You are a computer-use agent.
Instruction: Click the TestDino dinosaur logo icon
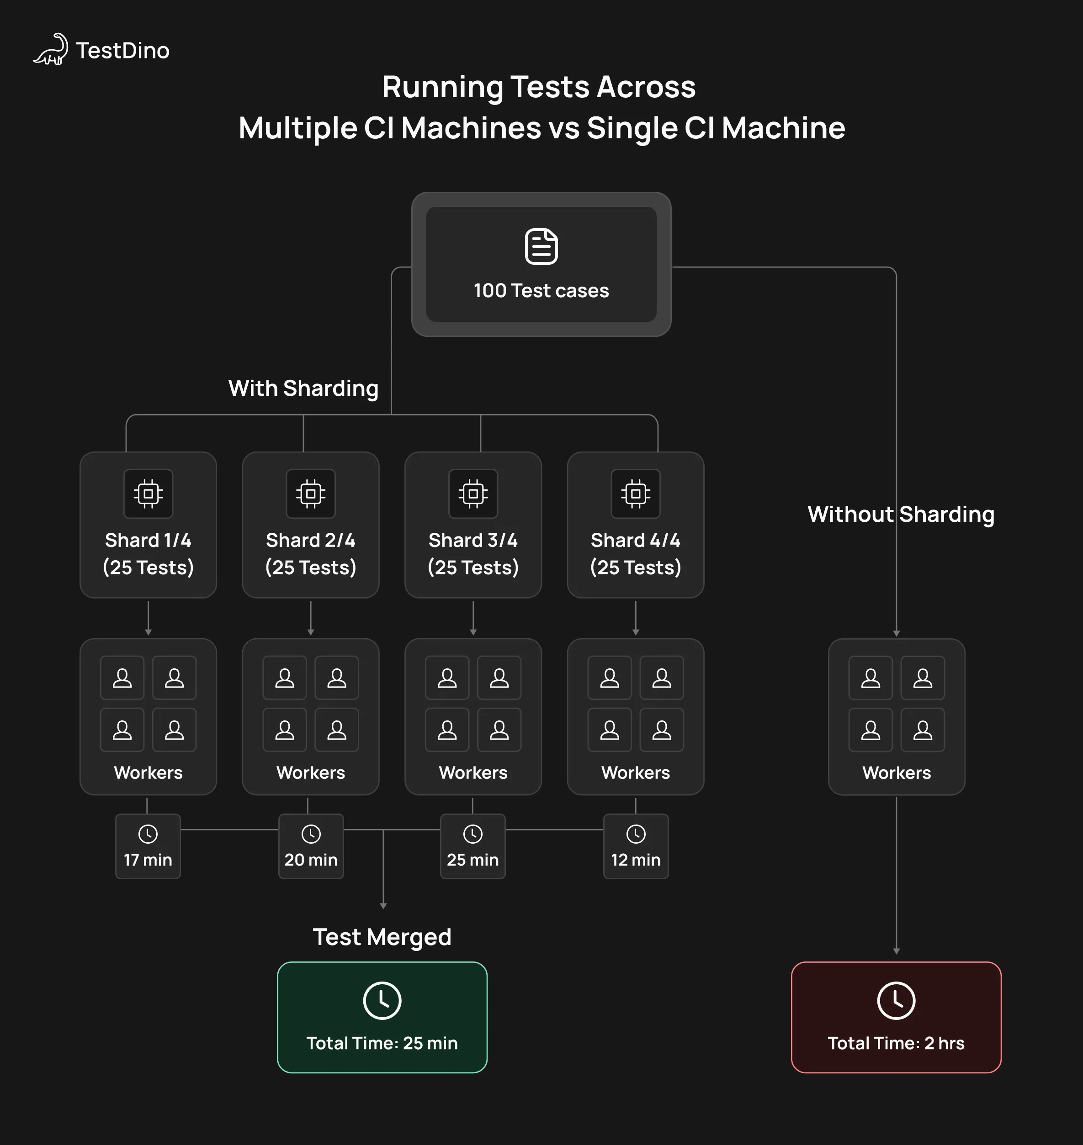[x=51, y=50]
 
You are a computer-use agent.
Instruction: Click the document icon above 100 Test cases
[x=541, y=247]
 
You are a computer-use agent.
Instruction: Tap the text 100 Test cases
[x=541, y=291]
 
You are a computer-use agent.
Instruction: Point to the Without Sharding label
[x=901, y=514]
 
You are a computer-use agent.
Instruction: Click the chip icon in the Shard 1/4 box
[x=149, y=494]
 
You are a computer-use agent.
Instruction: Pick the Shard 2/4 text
[x=311, y=541]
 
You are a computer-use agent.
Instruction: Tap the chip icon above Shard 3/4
[x=473, y=494]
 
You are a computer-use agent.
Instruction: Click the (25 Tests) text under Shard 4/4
[x=636, y=567]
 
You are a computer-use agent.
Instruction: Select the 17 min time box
[x=148, y=847]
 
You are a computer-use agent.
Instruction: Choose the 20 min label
[x=311, y=860]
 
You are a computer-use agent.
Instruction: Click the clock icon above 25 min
[x=473, y=834]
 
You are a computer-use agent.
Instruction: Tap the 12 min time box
[x=636, y=847]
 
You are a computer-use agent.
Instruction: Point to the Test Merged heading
[x=382, y=937]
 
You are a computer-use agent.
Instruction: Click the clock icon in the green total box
[x=382, y=1000]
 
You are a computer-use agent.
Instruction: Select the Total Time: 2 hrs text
[x=896, y=1044]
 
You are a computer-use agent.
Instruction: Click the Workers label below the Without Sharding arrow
[x=897, y=773]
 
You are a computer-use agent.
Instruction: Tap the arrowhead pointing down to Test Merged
[x=383, y=906]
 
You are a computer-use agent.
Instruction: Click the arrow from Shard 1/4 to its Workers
[x=149, y=618]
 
